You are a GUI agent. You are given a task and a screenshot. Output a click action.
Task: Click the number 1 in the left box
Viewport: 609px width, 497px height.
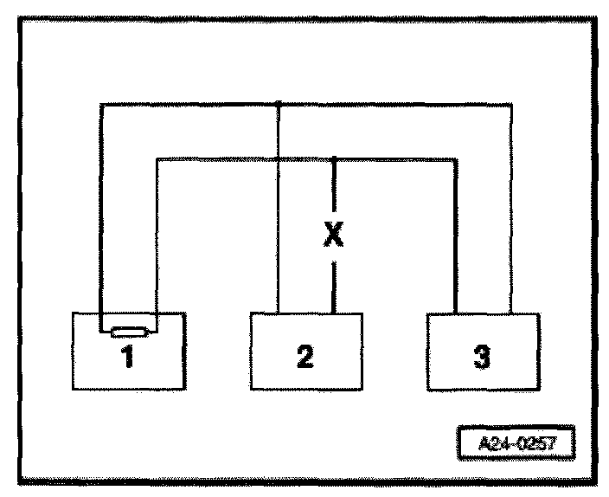tap(127, 356)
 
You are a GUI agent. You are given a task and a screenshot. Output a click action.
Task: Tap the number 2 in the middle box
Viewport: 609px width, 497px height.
tap(304, 357)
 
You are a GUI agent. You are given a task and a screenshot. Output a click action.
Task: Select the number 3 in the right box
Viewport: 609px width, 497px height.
tap(483, 357)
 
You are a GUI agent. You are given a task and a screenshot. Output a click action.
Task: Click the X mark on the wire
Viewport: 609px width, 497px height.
tap(333, 234)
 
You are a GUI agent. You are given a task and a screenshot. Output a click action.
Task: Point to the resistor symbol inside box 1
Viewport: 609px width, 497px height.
tap(127, 330)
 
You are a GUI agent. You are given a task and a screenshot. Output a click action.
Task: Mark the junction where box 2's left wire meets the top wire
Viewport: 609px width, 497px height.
tap(279, 105)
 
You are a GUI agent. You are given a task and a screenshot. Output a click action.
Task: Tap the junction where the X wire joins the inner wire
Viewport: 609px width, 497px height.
tap(334, 158)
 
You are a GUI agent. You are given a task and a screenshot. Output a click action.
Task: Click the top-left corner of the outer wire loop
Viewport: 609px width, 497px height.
tap(101, 105)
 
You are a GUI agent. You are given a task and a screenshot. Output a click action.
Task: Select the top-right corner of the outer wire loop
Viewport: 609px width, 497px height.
tap(511, 105)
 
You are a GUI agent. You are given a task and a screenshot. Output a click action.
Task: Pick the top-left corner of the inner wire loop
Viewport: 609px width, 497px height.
tap(156, 158)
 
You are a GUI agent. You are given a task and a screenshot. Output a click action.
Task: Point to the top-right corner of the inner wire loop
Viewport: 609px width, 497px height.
tap(456, 158)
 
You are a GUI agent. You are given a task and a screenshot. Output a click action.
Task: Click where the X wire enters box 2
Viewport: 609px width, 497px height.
tap(334, 312)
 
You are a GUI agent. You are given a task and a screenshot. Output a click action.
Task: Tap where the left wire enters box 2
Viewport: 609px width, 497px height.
tap(279, 312)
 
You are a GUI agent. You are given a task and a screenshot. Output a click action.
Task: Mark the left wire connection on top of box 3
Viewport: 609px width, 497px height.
tap(456, 312)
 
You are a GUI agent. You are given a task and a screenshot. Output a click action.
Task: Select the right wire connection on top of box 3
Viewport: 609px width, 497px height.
tap(511, 312)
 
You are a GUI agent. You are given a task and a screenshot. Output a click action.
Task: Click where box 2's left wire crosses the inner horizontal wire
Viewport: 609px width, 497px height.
tap(279, 158)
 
